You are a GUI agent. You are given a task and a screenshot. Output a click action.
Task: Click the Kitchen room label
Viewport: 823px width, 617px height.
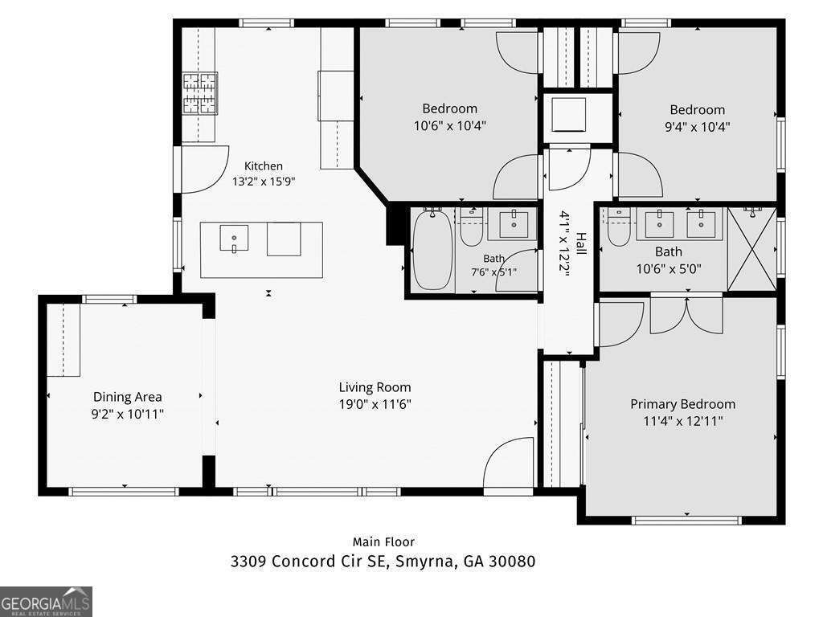[264, 165]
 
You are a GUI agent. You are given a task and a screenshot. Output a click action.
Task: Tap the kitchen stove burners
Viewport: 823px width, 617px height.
[200, 93]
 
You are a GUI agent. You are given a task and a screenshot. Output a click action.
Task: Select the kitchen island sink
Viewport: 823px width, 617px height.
[234, 239]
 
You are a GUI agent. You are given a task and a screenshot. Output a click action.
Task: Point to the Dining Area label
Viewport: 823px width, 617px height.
[128, 397]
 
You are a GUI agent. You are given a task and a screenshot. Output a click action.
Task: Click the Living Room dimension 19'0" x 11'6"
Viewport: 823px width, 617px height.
[375, 404]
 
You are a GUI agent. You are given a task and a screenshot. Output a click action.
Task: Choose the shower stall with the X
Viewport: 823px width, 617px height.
[751, 249]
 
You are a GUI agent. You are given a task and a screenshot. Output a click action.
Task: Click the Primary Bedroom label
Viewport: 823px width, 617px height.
[682, 404]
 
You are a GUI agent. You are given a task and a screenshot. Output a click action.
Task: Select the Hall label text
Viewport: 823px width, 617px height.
[581, 244]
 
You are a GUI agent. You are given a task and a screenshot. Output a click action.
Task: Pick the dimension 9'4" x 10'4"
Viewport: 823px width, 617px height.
[697, 126]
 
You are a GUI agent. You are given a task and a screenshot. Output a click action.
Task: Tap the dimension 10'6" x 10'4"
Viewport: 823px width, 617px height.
[450, 125]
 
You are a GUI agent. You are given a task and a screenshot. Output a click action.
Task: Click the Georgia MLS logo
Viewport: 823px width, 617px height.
[46, 602]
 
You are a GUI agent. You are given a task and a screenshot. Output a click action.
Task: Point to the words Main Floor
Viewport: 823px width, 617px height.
[383, 542]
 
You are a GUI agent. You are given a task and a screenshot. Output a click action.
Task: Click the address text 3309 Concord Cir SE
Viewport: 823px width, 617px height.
[308, 561]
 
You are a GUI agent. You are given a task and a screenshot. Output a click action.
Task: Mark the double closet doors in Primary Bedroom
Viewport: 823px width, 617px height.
[686, 315]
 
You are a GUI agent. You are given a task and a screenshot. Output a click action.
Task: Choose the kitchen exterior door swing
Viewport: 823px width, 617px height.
[205, 170]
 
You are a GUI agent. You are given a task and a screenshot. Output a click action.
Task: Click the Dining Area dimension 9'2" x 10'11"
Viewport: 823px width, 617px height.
[128, 414]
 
